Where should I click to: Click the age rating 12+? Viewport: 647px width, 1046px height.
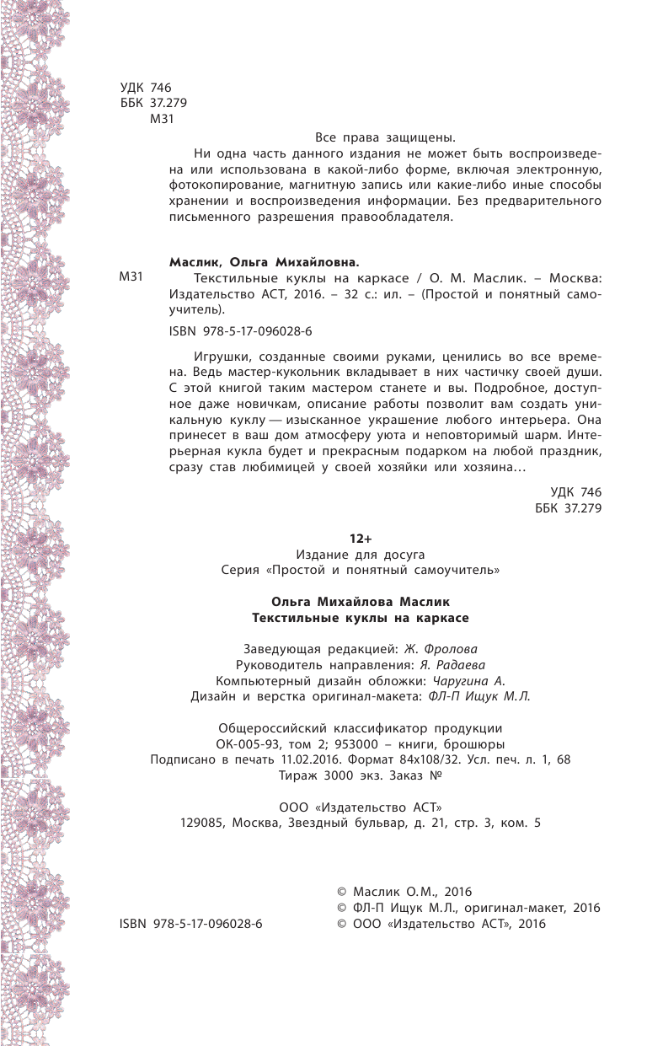tap(361, 538)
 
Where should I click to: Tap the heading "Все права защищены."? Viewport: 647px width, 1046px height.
tap(385, 137)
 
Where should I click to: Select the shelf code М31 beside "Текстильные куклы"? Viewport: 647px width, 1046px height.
tap(135, 278)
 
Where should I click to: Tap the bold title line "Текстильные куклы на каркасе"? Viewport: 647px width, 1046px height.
tap(361, 617)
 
